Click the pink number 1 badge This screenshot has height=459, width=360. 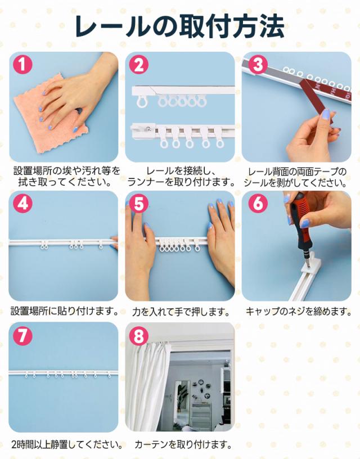(23, 64)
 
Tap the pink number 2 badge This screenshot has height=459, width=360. (139, 64)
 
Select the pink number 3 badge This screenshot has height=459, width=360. (258, 64)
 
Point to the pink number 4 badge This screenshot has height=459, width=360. (23, 203)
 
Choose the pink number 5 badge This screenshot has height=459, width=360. (139, 203)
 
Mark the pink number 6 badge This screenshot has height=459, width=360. (258, 203)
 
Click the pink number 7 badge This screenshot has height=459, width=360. (23, 335)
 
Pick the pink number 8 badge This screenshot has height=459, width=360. (139, 335)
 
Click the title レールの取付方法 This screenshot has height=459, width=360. (179, 26)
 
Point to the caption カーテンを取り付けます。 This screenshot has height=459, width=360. (183, 445)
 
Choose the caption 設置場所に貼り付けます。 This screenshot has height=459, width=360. (64, 311)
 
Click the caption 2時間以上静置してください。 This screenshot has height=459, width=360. (67, 445)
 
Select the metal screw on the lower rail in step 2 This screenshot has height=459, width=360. (150, 128)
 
